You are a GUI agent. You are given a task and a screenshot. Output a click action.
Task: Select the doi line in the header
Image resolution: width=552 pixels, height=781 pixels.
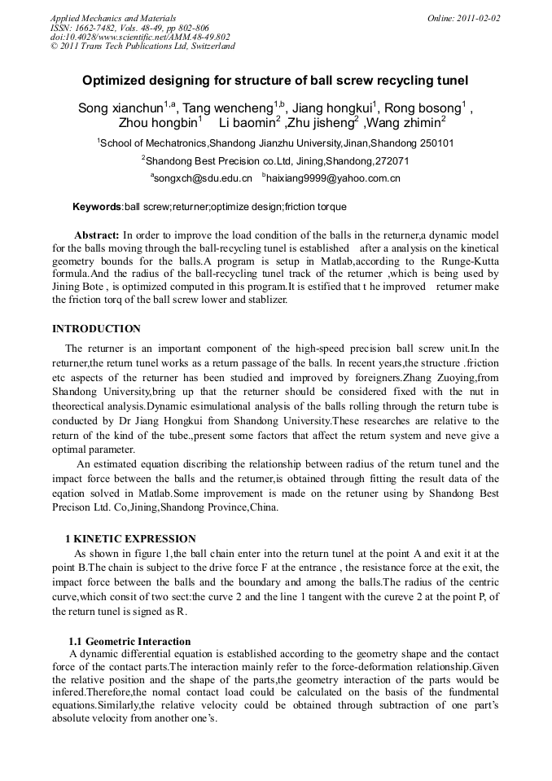[x=140, y=37]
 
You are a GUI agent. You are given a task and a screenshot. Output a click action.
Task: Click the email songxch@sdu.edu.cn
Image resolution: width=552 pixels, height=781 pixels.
[x=204, y=178]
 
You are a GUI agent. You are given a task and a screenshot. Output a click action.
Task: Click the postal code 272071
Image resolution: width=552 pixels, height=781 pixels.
[x=383, y=160]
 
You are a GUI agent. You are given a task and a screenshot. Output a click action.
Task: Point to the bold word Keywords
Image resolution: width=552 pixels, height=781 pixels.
[x=97, y=207]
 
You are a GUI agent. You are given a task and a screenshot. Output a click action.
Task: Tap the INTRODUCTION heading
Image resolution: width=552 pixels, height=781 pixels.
[x=96, y=329]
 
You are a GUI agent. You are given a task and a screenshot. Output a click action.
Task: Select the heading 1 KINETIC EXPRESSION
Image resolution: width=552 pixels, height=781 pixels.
[x=130, y=538]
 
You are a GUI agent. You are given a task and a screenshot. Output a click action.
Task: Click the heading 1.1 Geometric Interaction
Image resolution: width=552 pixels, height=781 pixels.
[x=129, y=642]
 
